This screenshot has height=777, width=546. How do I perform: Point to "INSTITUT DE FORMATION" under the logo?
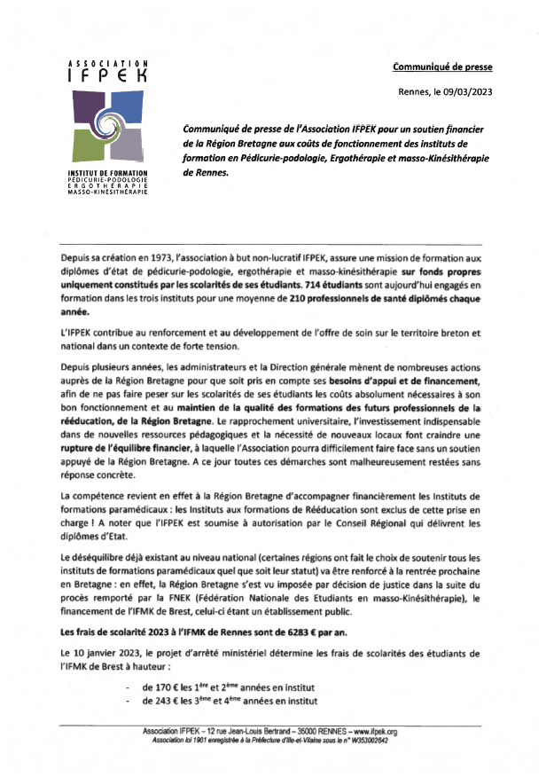[x=107, y=172]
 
